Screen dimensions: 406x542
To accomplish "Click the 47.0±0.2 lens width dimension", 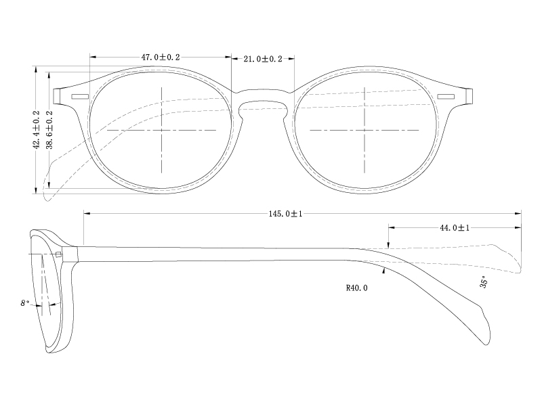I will coord(161,58).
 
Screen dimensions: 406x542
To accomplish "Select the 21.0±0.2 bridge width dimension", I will coord(263,60).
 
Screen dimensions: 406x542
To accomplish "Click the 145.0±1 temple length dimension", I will coord(285,214).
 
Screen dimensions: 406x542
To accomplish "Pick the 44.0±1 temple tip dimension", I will coord(455,228).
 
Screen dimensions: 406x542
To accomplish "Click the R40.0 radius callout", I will coord(356,288).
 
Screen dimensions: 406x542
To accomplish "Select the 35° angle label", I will coord(484,282).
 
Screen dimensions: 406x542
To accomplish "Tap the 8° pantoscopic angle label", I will coord(25,304).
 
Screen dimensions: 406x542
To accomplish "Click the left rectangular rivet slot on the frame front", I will coord(80,97).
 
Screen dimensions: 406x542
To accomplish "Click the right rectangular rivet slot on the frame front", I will coord(446,97).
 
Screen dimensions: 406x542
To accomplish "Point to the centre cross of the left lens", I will coord(161,129).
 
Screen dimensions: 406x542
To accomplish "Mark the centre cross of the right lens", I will coord(365,129).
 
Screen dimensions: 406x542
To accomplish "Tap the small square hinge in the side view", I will coord(59,254).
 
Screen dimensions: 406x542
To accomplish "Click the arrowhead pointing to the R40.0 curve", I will coord(384,271).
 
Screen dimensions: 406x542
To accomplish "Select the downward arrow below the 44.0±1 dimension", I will coord(388,245).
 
